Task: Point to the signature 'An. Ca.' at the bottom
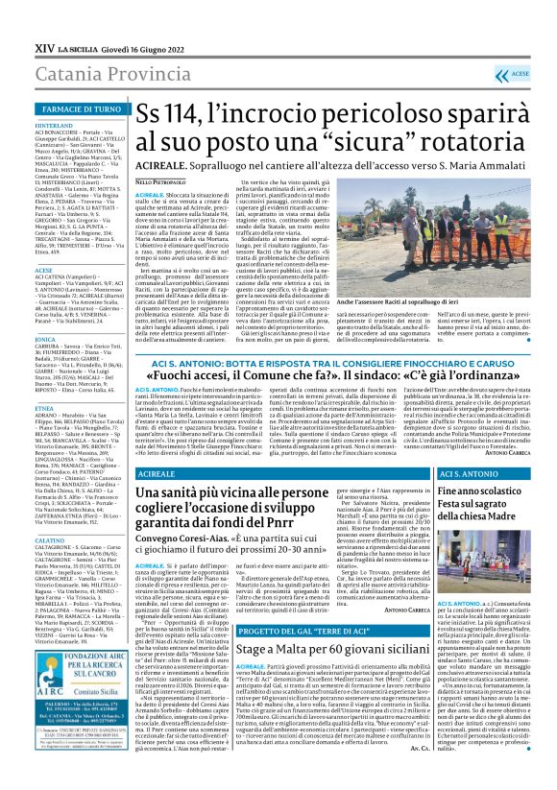[407, 775]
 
